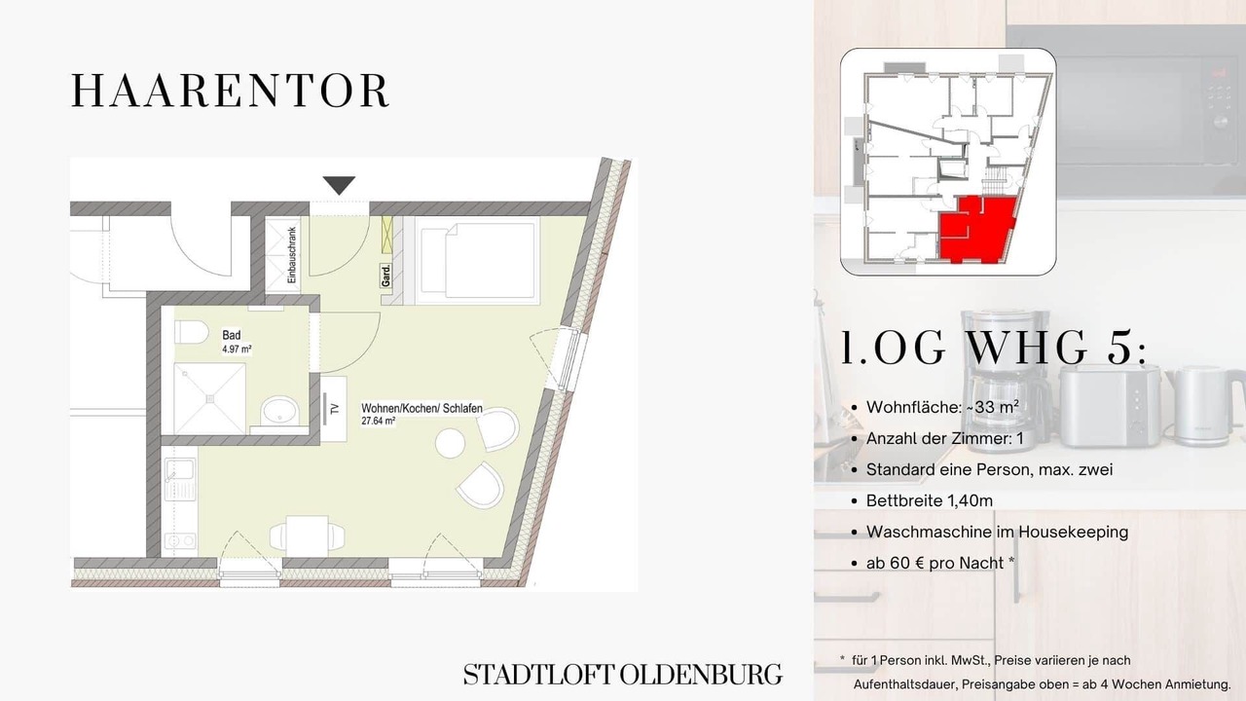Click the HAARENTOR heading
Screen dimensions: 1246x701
coord(231,91)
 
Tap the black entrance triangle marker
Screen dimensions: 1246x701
coord(339,185)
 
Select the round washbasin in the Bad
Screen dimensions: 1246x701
coord(279,411)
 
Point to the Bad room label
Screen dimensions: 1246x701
coord(232,335)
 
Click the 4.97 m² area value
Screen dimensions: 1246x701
coord(237,350)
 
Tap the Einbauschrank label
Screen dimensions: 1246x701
coord(291,255)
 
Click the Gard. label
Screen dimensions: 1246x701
coord(385,276)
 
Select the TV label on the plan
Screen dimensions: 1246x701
coord(334,410)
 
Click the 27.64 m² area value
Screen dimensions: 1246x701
coord(379,421)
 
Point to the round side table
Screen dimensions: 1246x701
coord(450,444)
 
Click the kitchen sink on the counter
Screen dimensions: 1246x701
coord(180,478)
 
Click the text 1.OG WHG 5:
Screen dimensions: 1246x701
coord(994,349)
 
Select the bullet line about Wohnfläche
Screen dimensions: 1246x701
coord(941,407)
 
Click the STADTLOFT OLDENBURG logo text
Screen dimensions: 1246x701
coord(623,675)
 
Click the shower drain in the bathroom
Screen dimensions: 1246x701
coord(209,399)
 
